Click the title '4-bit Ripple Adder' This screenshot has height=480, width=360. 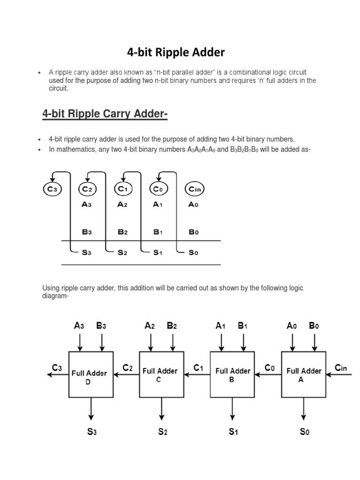coord(176,52)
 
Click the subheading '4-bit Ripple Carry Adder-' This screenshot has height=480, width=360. coord(105,113)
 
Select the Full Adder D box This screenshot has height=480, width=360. coord(90,374)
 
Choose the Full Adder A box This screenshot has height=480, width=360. coord(304,374)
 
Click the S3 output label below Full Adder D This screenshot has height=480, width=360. coord(92,432)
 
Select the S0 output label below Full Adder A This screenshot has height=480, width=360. coord(305,432)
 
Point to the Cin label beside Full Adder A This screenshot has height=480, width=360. coord(341,367)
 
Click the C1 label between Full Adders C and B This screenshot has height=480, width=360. coord(199,368)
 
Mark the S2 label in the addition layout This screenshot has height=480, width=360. coord(122,252)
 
